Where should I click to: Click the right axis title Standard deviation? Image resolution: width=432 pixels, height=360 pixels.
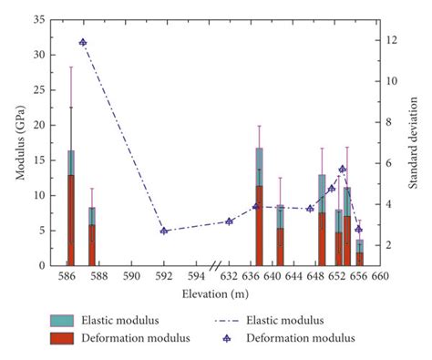coord(413,142)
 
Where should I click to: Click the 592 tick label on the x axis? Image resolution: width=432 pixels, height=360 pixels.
coord(164,276)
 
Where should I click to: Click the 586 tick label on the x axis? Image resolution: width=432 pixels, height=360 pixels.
coord(67,276)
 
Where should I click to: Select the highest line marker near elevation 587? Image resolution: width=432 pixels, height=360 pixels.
coord(83,42)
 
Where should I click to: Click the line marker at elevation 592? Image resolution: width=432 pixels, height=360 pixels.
coord(164,231)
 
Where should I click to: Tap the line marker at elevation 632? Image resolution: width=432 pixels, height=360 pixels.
coord(229,221)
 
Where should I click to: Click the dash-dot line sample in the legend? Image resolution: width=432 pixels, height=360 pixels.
coord(235,320)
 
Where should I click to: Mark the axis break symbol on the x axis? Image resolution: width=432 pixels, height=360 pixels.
coord(215,266)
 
